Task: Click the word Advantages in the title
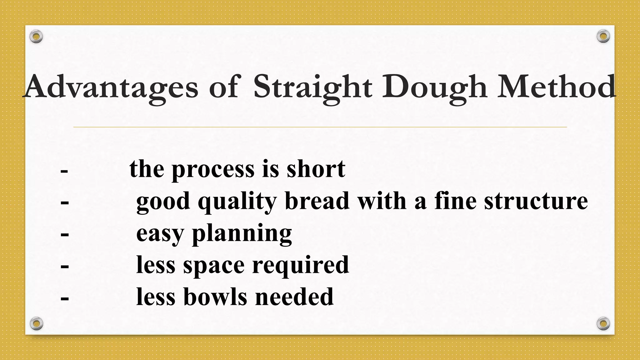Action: [x=111, y=87]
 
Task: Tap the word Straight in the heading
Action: [x=312, y=87]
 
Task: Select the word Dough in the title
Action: [x=435, y=87]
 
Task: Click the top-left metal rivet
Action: [x=36, y=37]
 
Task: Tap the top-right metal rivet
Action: [x=603, y=37]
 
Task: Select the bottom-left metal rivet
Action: [x=36, y=324]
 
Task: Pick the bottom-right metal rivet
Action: [x=603, y=324]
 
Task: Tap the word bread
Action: [x=317, y=201]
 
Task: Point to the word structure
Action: [x=536, y=201]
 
